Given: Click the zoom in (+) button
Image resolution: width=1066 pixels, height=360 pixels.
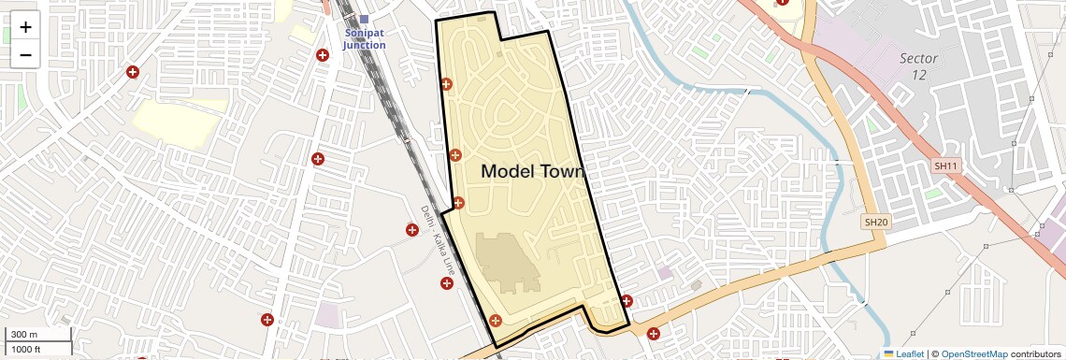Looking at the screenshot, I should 25,27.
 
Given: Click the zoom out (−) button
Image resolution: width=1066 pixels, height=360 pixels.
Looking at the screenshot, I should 25,55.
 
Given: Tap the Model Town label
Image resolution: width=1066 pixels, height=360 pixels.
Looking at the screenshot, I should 532,172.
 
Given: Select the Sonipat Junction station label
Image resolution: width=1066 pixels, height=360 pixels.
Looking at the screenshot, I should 364,39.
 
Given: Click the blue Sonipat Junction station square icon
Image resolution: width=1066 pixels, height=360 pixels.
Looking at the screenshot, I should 364,20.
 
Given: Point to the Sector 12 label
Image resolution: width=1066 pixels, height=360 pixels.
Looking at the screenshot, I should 918,65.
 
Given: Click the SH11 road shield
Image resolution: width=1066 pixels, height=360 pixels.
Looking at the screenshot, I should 946,166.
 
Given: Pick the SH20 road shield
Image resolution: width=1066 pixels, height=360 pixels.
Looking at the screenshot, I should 875,222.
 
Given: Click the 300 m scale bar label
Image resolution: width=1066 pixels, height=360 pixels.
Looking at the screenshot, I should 24,335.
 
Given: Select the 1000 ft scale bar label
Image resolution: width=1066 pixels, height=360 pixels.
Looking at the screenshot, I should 26,349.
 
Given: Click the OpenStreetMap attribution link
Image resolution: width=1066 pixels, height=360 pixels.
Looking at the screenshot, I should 974,353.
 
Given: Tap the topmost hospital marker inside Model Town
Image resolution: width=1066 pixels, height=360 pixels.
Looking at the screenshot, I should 446,85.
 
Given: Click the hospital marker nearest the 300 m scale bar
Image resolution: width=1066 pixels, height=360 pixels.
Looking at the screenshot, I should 267,320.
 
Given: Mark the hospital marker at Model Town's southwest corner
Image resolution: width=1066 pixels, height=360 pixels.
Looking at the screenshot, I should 496,321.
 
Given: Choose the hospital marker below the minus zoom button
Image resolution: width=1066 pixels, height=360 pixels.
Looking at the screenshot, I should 133,72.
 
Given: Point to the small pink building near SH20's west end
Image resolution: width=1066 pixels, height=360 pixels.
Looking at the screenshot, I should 665,273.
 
